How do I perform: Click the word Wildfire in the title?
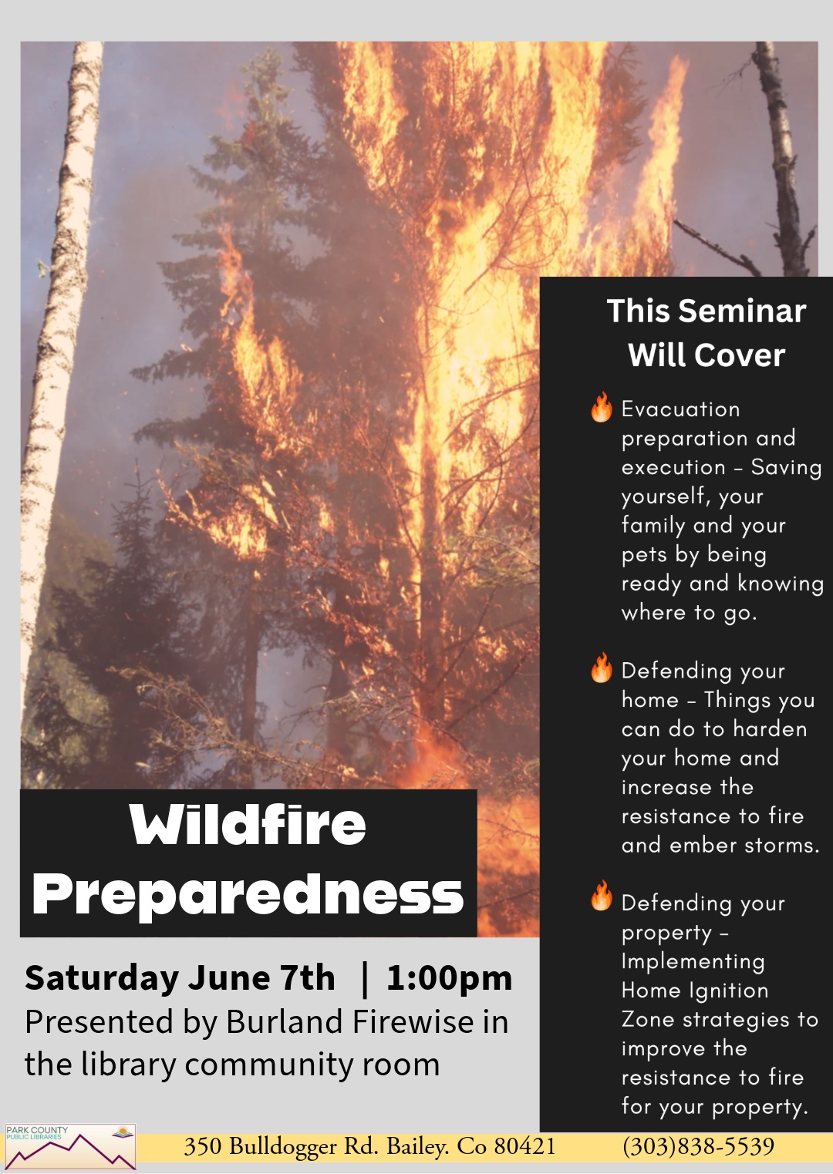click(248, 824)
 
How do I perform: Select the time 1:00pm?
click(450, 978)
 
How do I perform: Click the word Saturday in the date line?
click(102, 979)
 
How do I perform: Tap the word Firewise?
click(413, 1022)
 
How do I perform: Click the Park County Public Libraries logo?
click(70, 1146)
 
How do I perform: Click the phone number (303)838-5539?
click(698, 1145)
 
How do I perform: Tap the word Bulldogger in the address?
click(284, 1147)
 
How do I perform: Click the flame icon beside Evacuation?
click(601, 407)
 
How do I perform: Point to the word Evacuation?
click(681, 409)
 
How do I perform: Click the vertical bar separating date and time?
click(366, 979)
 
